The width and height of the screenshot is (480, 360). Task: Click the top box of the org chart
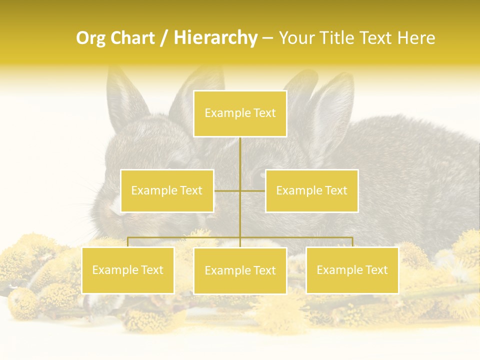click(x=240, y=113)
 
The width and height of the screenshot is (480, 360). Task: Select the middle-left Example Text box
click(x=167, y=190)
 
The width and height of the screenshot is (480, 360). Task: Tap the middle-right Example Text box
click(x=311, y=190)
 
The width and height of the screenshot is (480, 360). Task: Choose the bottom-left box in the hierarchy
click(x=128, y=270)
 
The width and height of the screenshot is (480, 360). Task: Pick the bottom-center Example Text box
click(x=240, y=270)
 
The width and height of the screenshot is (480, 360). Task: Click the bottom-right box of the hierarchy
click(x=352, y=270)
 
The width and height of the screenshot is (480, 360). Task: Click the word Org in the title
click(x=91, y=38)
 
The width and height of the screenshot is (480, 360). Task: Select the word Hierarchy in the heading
click(x=215, y=38)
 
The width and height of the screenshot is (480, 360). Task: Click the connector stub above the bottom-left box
click(x=128, y=242)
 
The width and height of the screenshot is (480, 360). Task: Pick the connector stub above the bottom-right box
click(x=352, y=242)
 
